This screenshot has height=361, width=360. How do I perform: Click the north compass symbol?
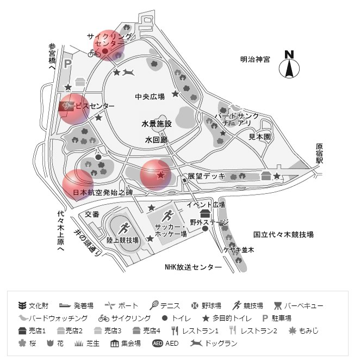click(289, 66)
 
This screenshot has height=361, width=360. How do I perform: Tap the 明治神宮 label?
click(255, 59)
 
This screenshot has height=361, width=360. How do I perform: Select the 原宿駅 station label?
click(319, 154)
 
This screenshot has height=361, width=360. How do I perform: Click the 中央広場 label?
click(150, 96)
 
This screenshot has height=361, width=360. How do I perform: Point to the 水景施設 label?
click(157, 124)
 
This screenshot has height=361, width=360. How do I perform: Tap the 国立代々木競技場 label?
click(284, 235)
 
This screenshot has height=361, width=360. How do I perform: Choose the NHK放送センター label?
click(193, 267)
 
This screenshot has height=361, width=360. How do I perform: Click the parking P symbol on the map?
click(67, 64)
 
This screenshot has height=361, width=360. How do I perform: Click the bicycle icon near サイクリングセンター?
click(94, 53)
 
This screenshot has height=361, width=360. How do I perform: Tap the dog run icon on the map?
click(128, 72)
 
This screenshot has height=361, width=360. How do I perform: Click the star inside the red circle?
click(160, 175)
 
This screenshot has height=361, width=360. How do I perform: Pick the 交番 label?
click(91, 214)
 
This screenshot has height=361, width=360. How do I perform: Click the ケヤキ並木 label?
click(239, 249)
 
